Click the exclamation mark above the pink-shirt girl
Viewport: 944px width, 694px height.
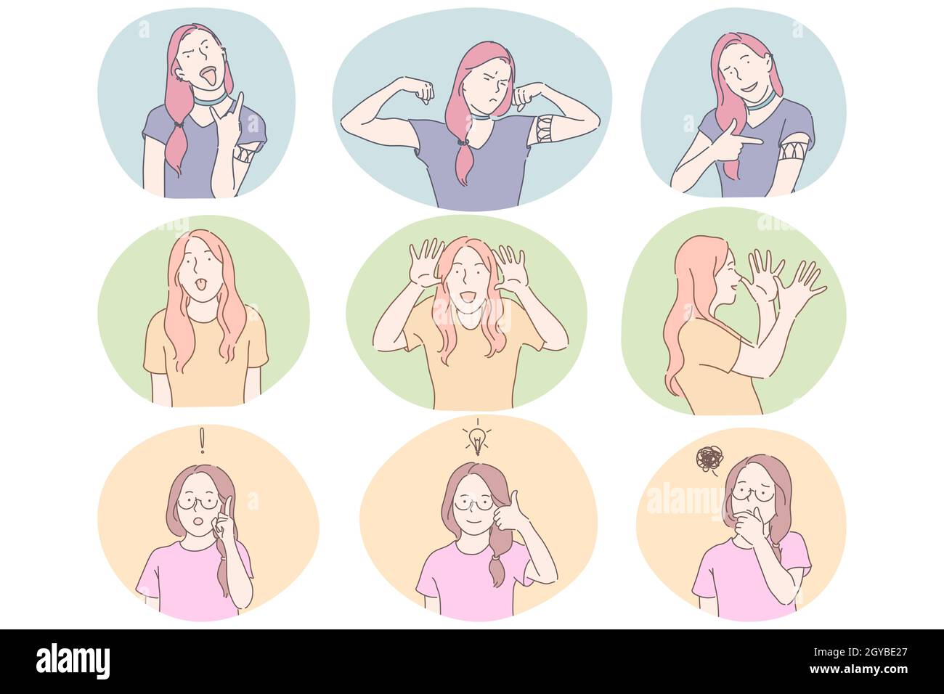tap(203, 440)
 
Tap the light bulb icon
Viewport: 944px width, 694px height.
tap(477, 438)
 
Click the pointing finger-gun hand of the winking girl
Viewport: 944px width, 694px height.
tap(733, 142)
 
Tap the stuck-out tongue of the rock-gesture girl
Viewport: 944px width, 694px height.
tap(208, 75)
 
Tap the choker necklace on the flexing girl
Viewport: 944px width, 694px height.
tap(479, 115)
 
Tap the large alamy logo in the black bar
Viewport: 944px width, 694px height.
tap(73, 661)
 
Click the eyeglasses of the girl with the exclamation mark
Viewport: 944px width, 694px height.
tap(198, 501)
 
